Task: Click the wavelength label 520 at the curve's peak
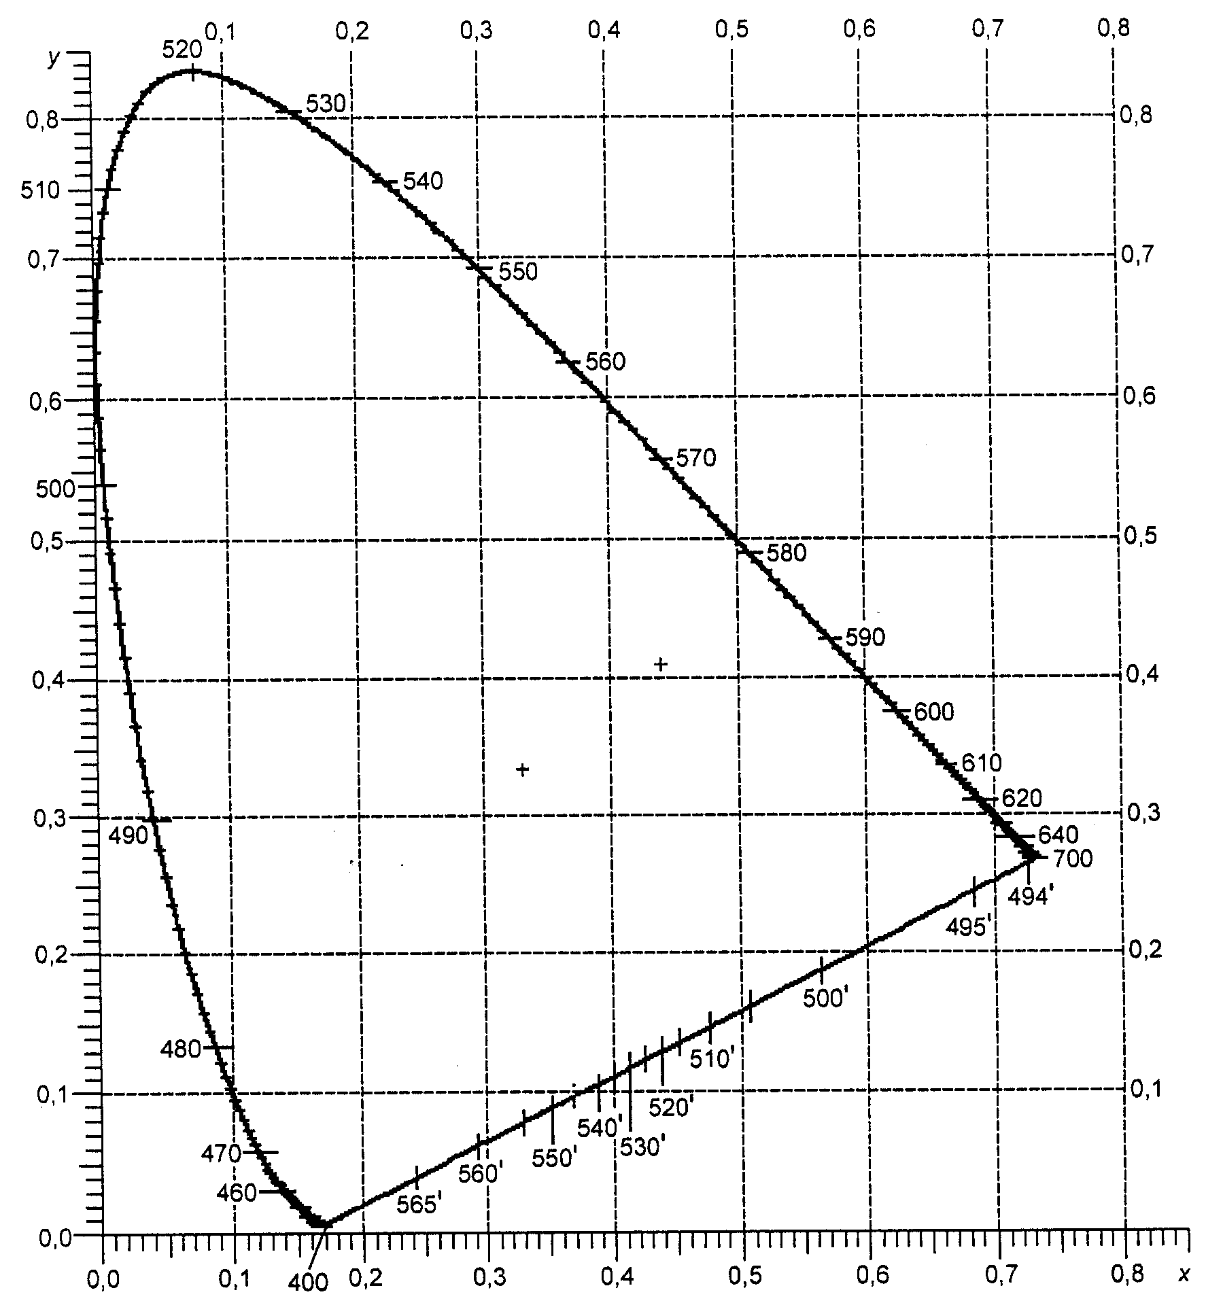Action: coord(183,50)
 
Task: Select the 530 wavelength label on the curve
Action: coord(326,103)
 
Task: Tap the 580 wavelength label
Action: coord(787,553)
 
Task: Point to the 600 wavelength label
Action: coord(935,712)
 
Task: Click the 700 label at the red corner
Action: coord(1072,858)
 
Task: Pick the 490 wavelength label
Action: coord(128,835)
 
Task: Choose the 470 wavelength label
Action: coord(222,1153)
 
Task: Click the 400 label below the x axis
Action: coord(308,1283)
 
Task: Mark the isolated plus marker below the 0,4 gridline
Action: coord(522,769)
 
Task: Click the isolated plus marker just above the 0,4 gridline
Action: coord(660,663)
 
